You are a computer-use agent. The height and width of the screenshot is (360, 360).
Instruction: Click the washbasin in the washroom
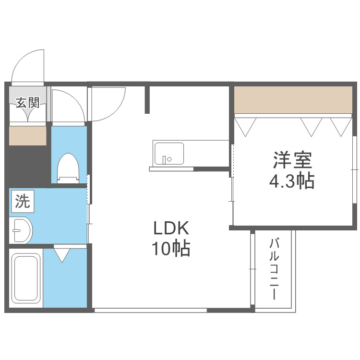pos(22,231)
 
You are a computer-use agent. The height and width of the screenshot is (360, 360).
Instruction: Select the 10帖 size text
pos(171,248)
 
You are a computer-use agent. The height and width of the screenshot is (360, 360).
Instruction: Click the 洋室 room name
pos(293,160)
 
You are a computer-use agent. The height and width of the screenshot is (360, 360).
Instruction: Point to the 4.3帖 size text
pos(292,181)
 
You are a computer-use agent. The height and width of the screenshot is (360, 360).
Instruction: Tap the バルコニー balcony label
pos(275,269)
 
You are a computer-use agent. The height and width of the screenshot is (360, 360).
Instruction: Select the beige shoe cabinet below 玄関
pos(28,135)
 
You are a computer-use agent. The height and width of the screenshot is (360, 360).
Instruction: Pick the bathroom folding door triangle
pos(62,254)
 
